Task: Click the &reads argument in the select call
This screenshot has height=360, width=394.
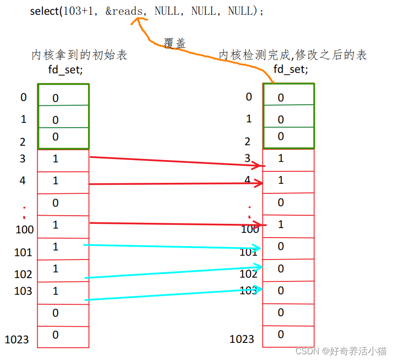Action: [x=123, y=11]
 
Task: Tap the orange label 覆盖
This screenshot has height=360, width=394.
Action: [x=174, y=43]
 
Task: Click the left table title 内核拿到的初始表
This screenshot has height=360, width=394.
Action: [x=80, y=55]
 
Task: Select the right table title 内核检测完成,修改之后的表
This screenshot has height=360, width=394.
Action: [x=293, y=55]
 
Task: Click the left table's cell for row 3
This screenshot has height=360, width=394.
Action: [x=63, y=160]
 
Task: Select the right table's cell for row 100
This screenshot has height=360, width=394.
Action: [x=288, y=224]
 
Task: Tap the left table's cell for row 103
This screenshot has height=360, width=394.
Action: [x=63, y=291]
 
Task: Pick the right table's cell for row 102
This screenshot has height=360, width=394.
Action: [x=288, y=269]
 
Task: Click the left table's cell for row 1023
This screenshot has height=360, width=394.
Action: [x=63, y=335]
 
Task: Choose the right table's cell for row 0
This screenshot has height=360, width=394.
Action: [x=288, y=98]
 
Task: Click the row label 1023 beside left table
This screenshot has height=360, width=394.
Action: [x=17, y=340]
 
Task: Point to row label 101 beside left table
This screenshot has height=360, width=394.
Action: [x=23, y=252]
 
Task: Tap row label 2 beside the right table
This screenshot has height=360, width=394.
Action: [x=247, y=141]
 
